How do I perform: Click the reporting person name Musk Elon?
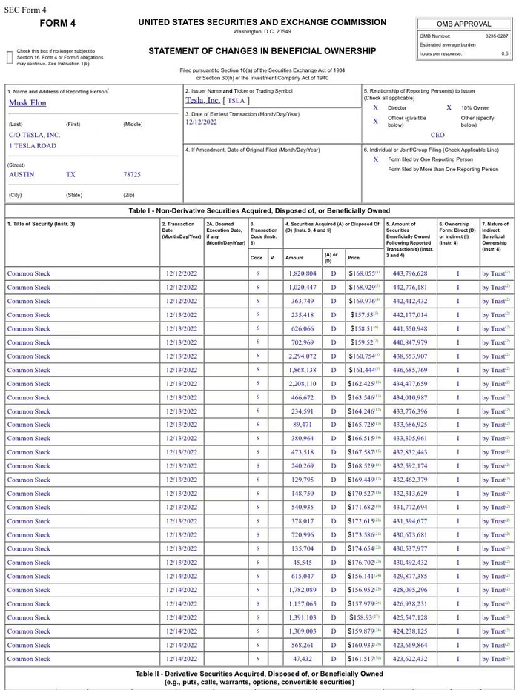(27, 103)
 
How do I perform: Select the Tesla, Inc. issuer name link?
(202, 100)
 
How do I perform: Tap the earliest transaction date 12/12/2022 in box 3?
(202, 122)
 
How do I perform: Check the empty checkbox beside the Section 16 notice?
(10, 56)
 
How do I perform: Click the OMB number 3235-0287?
(496, 36)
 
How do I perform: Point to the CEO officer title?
(437, 136)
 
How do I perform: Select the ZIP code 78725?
(132, 175)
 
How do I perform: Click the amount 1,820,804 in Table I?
(302, 273)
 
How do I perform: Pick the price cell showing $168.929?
(363, 288)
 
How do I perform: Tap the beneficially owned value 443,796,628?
(410, 273)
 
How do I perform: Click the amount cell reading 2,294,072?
(302, 356)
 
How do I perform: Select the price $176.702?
(363, 563)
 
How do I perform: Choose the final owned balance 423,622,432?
(410, 659)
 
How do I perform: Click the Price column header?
(354, 258)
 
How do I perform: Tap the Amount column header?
(294, 258)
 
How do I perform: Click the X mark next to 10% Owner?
(449, 107)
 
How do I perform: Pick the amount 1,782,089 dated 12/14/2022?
(302, 590)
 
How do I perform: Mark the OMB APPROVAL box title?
(464, 24)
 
